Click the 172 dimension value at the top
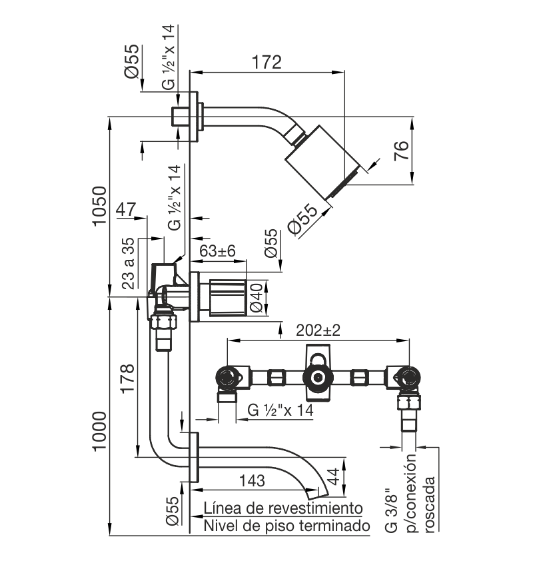pyautogui.click(x=266, y=62)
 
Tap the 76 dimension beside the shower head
pyautogui.click(x=402, y=151)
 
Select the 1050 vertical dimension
pyautogui.click(x=100, y=206)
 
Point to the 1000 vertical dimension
pyautogui.click(x=100, y=431)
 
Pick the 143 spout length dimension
pyautogui.click(x=252, y=480)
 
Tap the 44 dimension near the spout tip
pyautogui.click(x=334, y=476)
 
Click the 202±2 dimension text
pyautogui.click(x=318, y=330)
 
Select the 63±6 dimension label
pyautogui.click(x=217, y=251)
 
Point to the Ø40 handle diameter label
pyautogui.click(x=257, y=298)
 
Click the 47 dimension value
pyautogui.click(x=126, y=209)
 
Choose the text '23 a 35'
pyautogui.click(x=128, y=263)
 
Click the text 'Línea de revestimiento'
pyautogui.click(x=283, y=508)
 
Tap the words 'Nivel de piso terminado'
pyautogui.click(x=287, y=526)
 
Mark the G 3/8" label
pyautogui.click(x=391, y=510)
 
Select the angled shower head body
pyautogui.click(x=322, y=161)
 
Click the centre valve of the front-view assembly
pyautogui.click(x=318, y=378)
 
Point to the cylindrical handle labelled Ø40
pyautogui.click(x=228, y=298)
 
